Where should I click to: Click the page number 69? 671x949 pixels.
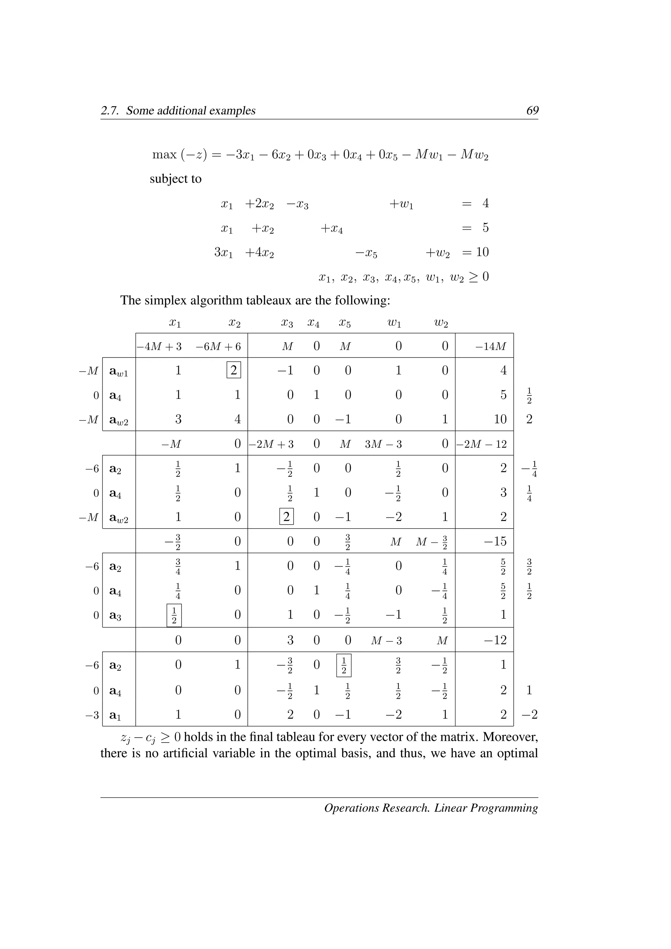point(532,110)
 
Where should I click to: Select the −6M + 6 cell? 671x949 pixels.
point(218,346)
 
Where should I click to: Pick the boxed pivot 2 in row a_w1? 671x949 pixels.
point(234,370)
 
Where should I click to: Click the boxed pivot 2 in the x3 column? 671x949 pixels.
point(286,517)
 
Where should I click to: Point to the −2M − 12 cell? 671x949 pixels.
point(482,444)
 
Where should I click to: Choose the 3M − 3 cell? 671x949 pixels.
point(383,444)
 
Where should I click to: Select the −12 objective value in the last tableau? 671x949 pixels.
point(495,640)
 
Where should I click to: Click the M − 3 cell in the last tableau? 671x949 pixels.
point(386,641)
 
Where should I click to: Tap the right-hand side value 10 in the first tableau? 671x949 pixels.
point(500,419)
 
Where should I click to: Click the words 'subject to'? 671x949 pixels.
point(176,179)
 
